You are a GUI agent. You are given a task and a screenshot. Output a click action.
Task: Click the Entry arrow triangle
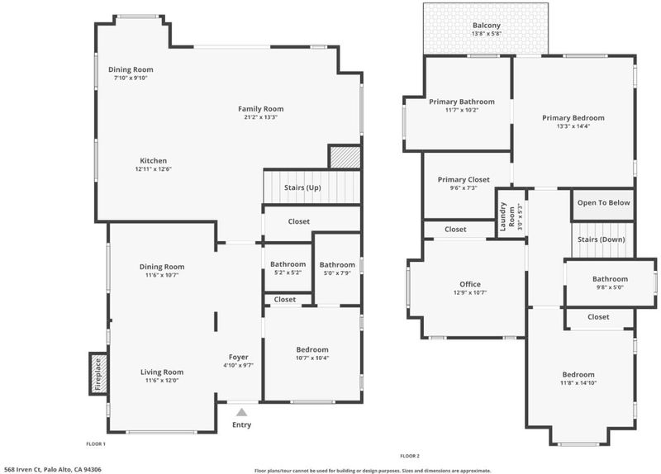pyautogui.click(x=241, y=412)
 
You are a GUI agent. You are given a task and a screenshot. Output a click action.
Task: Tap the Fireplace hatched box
pyautogui.click(x=98, y=374)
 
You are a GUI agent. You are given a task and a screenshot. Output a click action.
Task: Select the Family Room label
pyautogui.click(x=261, y=109)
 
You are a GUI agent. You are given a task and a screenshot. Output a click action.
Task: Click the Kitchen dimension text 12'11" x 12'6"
pyautogui.click(x=154, y=169)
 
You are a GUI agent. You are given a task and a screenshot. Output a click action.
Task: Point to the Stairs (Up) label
pyautogui.click(x=302, y=187)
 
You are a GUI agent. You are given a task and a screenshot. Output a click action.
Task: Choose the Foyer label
pyautogui.click(x=238, y=358)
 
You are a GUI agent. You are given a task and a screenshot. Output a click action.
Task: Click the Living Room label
pyautogui.click(x=162, y=372)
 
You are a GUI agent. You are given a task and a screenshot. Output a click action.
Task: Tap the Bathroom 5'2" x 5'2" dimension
pyautogui.click(x=288, y=273)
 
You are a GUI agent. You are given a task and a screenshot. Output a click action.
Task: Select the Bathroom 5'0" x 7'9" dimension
pyautogui.click(x=337, y=273)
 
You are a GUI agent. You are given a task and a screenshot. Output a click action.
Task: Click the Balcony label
pyautogui.click(x=487, y=26)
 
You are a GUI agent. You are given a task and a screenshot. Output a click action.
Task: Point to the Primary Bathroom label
pyautogui.click(x=462, y=102)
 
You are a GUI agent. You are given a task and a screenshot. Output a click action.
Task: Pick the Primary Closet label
pyautogui.click(x=464, y=179)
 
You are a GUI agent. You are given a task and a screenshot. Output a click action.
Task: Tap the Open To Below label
pyautogui.click(x=604, y=202)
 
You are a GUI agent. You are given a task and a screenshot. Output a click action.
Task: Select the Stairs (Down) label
pyautogui.click(x=602, y=239)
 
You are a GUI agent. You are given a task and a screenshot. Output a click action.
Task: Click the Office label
pyautogui.click(x=470, y=284)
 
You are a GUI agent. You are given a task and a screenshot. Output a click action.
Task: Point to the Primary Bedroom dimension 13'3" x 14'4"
pyautogui.click(x=573, y=126)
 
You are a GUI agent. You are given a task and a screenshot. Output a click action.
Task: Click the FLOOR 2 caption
pyautogui.click(x=410, y=456)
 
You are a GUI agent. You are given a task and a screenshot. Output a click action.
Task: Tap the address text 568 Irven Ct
pyautogui.click(x=22, y=469)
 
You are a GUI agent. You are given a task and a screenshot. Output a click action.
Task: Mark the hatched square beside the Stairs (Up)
pyautogui.click(x=345, y=157)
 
